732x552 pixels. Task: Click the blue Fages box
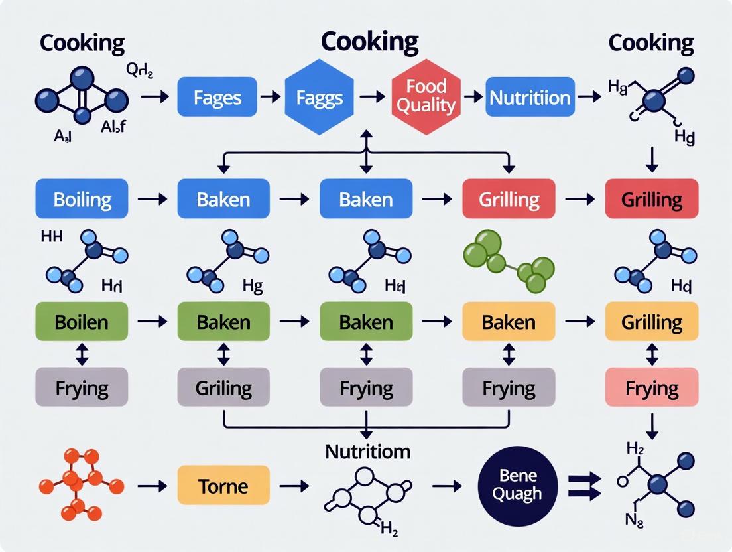coord(217,98)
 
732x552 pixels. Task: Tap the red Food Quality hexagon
coord(425,97)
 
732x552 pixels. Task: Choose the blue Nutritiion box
coord(529,98)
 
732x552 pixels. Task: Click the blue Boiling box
coord(82,199)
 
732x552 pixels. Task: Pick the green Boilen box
coord(82,322)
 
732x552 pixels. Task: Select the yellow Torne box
coord(223,486)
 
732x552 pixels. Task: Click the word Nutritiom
coord(367,452)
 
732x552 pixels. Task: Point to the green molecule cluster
coord(508,261)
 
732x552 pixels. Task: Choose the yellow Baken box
coord(509,322)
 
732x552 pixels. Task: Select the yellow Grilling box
coord(651,322)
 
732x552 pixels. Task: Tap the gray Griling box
coord(223,387)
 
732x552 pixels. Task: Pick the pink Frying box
coord(651,387)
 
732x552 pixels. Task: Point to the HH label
coord(52,237)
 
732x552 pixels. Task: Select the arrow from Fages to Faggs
coord(270,98)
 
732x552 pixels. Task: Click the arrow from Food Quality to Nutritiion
coord(473,98)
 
